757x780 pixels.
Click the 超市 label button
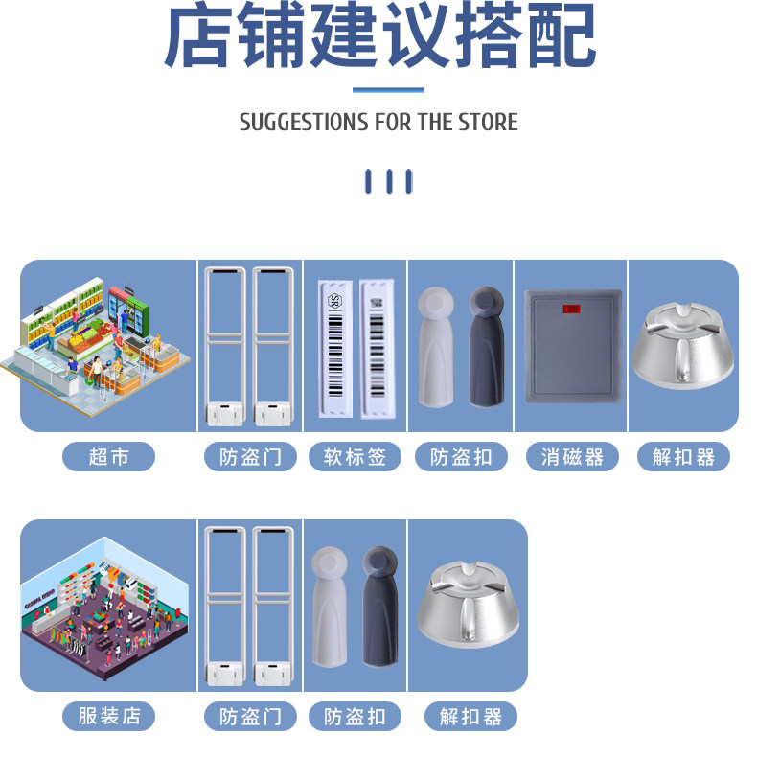(x=108, y=457)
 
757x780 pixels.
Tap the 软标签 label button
(x=355, y=457)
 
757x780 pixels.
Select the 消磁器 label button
(x=572, y=457)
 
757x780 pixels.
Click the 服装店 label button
(x=108, y=716)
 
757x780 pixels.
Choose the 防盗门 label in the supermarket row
(x=250, y=457)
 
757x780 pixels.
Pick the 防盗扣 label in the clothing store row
(x=355, y=716)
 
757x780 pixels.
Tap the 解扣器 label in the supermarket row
(x=683, y=457)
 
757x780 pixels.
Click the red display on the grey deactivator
(x=571, y=309)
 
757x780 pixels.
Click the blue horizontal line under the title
(x=388, y=90)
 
